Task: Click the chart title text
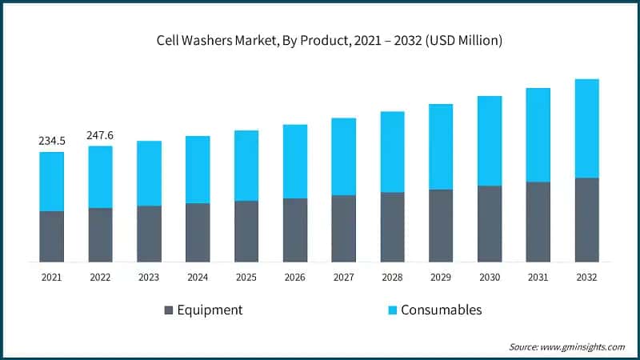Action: [319, 41]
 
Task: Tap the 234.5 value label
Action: [52, 141]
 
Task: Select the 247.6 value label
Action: [101, 135]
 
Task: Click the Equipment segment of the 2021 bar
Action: [52, 237]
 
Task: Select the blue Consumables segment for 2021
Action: [52, 182]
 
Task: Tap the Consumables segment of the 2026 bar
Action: [295, 162]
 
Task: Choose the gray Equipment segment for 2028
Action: [392, 227]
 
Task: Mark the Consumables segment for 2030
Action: [490, 141]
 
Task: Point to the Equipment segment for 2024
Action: [198, 233]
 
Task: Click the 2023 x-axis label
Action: [149, 277]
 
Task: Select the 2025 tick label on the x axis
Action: [246, 277]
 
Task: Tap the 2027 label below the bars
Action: [343, 277]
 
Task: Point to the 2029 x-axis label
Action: [441, 277]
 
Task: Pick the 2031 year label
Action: [538, 277]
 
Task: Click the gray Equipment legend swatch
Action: [168, 310]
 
